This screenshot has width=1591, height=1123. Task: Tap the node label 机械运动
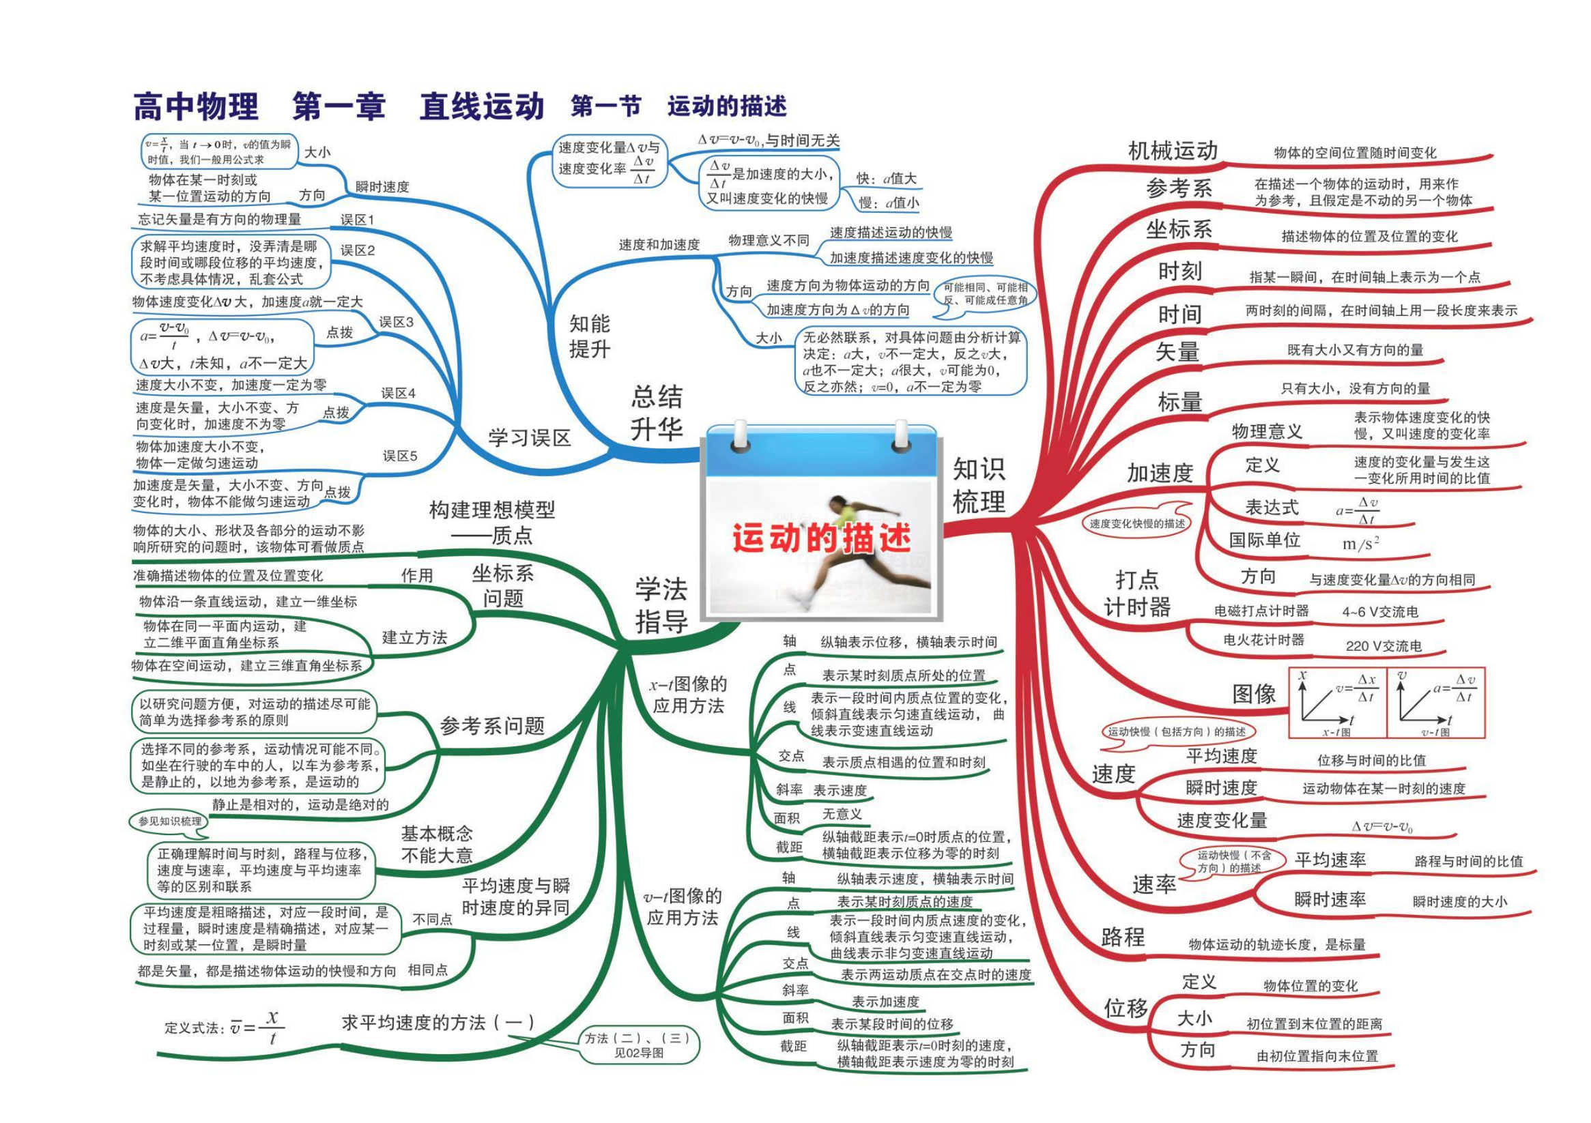1173,150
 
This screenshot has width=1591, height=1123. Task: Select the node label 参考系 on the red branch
1179,188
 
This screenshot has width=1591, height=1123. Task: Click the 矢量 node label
1177,352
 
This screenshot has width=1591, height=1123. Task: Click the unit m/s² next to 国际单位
1360,543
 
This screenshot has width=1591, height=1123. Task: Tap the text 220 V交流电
1383,645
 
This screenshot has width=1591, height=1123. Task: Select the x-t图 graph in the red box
1337,703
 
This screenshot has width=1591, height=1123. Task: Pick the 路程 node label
1123,937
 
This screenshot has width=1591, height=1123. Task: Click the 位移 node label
1126,1008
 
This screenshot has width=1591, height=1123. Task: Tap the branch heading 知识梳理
979,485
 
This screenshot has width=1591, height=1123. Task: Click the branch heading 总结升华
657,413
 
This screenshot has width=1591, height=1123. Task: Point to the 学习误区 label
530,438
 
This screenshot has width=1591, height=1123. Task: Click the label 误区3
396,322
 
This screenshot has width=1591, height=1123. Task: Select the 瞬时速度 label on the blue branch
382,187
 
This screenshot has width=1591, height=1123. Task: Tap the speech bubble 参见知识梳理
169,821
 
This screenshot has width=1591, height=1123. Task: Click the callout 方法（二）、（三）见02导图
638,1045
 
